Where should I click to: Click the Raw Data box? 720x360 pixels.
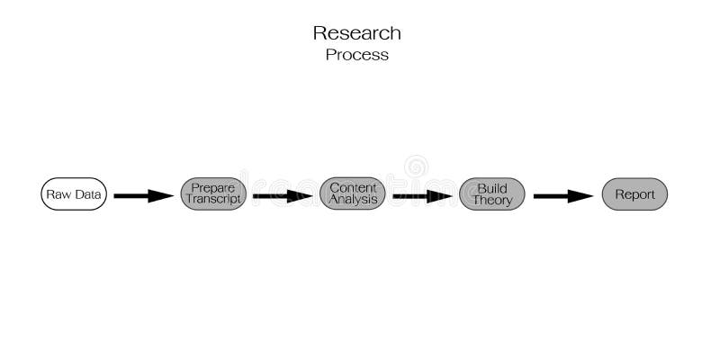click(74, 194)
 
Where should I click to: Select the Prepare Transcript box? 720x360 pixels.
click(213, 194)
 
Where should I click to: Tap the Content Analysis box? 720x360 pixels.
click(353, 194)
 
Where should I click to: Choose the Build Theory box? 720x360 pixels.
click(492, 194)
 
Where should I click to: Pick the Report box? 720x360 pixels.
click(634, 194)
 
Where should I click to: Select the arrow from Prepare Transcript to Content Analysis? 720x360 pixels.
click(283, 195)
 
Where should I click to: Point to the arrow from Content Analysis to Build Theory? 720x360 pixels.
click(422, 195)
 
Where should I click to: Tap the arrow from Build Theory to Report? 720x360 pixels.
click(563, 195)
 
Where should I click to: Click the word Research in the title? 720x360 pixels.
click(357, 33)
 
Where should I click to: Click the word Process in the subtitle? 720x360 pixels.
click(357, 55)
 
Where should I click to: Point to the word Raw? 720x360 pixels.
click(58, 194)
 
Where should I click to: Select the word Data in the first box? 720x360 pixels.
click(86, 194)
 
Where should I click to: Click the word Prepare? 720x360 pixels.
click(213, 188)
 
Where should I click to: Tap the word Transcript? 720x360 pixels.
click(213, 201)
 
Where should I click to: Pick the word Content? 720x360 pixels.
click(353, 187)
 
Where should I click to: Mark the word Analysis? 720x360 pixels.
click(353, 200)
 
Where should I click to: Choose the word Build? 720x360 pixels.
click(492, 188)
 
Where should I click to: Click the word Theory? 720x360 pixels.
click(492, 201)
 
